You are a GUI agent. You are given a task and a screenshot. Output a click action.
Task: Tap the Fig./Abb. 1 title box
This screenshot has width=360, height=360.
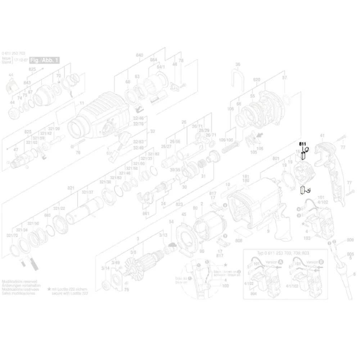point(44,60)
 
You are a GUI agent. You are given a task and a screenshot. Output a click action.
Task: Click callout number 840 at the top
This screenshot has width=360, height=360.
point(139,55)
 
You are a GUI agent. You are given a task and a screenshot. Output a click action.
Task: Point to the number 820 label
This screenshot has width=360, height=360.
point(257,79)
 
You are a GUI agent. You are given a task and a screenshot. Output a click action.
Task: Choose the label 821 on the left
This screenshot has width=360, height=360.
point(71,188)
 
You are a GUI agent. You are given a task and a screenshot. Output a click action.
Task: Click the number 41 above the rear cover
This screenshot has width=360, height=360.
point(322,136)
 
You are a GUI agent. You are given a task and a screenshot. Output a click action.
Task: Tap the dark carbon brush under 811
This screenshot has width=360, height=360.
point(303,156)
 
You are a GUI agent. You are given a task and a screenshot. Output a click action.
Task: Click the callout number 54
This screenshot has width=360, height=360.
point(171,221)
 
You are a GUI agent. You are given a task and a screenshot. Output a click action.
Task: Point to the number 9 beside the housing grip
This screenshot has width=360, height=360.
point(268,233)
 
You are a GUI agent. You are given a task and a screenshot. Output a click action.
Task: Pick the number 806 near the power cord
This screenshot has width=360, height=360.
point(350,240)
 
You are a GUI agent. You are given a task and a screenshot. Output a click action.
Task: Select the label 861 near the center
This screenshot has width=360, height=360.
point(146,213)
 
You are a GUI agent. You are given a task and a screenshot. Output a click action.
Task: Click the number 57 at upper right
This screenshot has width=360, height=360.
point(284,78)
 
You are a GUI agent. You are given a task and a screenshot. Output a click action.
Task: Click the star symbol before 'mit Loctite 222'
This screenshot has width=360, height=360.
point(49,289)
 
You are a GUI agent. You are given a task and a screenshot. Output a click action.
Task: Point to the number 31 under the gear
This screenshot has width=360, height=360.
point(203,176)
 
